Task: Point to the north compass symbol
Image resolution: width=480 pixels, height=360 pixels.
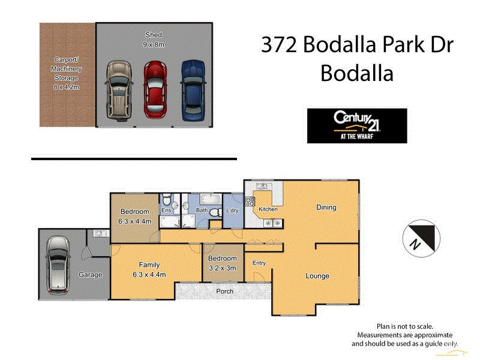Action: (x=418, y=236)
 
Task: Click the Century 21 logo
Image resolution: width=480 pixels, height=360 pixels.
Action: (x=356, y=125)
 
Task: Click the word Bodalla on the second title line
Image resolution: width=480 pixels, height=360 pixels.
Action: (x=357, y=73)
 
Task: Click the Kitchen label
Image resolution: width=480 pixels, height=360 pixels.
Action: (x=268, y=209)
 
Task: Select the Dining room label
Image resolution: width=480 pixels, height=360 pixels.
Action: (x=326, y=208)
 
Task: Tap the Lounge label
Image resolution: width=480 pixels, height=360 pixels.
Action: (x=317, y=276)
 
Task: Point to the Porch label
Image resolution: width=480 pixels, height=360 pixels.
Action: (x=225, y=292)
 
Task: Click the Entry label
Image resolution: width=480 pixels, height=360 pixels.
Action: (x=259, y=263)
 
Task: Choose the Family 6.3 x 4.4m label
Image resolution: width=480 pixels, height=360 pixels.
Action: (x=149, y=269)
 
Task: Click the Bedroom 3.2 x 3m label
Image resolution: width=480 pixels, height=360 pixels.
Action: (x=223, y=263)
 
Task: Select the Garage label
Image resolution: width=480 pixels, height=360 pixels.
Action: (x=90, y=275)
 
